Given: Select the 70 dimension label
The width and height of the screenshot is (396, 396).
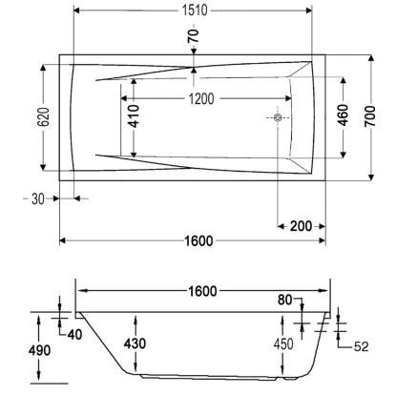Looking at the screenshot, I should tap(194, 37).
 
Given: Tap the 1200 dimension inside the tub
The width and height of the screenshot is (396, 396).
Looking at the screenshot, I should tap(200, 98).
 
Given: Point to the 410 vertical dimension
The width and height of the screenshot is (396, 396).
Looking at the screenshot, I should tap(135, 116).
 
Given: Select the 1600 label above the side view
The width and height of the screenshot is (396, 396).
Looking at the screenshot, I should tap(201, 290).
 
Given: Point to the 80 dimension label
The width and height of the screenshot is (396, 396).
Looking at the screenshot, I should tap(285, 302).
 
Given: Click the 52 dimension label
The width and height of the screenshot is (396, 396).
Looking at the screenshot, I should tap(361, 345).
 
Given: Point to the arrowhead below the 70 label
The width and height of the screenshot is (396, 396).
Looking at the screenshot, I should tap(194, 68).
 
